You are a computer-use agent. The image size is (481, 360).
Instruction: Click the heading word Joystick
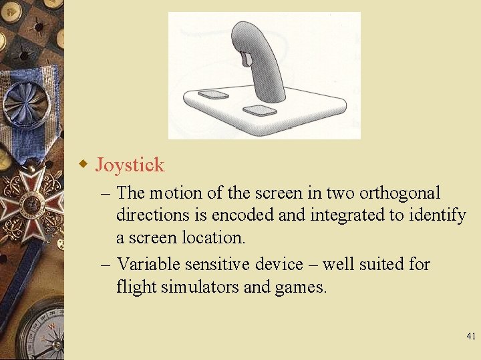(x=130, y=165)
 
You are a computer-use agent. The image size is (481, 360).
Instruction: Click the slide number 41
(x=471, y=337)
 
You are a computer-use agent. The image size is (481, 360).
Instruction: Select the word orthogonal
(x=400, y=193)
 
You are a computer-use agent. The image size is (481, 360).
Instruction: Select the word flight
(x=134, y=287)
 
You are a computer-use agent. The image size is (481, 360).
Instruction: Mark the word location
(x=213, y=238)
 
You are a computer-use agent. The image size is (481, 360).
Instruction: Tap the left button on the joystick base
(x=213, y=94)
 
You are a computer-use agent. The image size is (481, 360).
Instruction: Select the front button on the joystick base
(x=259, y=110)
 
